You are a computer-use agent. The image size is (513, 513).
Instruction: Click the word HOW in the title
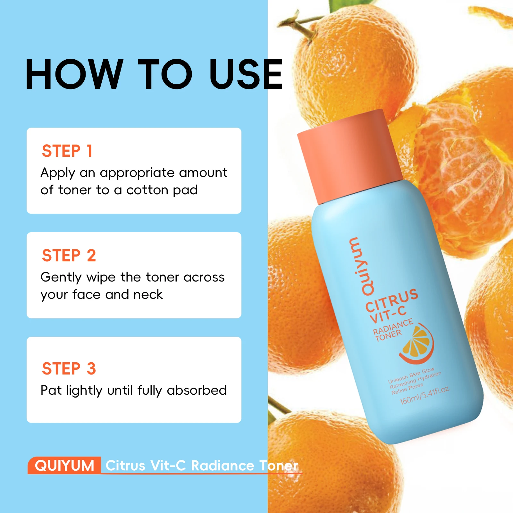[74, 74]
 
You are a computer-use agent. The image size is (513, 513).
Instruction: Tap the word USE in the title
[246, 74]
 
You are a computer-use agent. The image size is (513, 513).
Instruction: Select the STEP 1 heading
[67, 151]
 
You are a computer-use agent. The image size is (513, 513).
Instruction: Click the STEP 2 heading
[69, 255]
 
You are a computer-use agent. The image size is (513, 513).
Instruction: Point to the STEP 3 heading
[69, 368]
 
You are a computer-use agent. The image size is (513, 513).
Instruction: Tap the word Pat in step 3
[51, 390]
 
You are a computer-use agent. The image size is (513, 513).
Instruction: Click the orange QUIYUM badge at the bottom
[64, 465]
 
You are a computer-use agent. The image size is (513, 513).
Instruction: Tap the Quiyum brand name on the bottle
[361, 266]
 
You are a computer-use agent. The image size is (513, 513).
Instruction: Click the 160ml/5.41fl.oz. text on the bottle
[425, 396]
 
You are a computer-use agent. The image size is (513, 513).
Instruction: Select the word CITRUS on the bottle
[392, 300]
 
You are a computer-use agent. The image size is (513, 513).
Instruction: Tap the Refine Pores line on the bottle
[407, 389]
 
